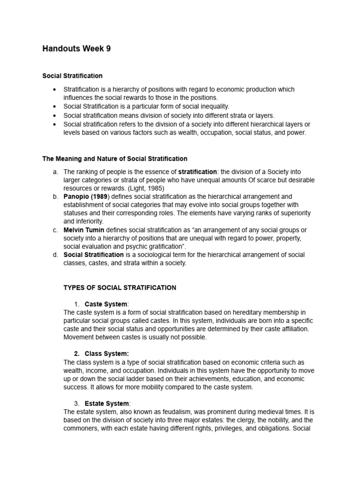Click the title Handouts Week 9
click(x=76, y=48)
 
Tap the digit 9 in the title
click(x=108, y=48)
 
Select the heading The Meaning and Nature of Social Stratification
click(x=115, y=159)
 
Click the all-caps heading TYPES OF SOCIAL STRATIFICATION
click(x=120, y=288)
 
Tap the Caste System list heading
click(x=106, y=304)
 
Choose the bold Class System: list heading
click(x=106, y=354)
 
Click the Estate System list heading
click(x=107, y=404)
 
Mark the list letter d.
click(x=55, y=255)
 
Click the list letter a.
click(x=55, y=172)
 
